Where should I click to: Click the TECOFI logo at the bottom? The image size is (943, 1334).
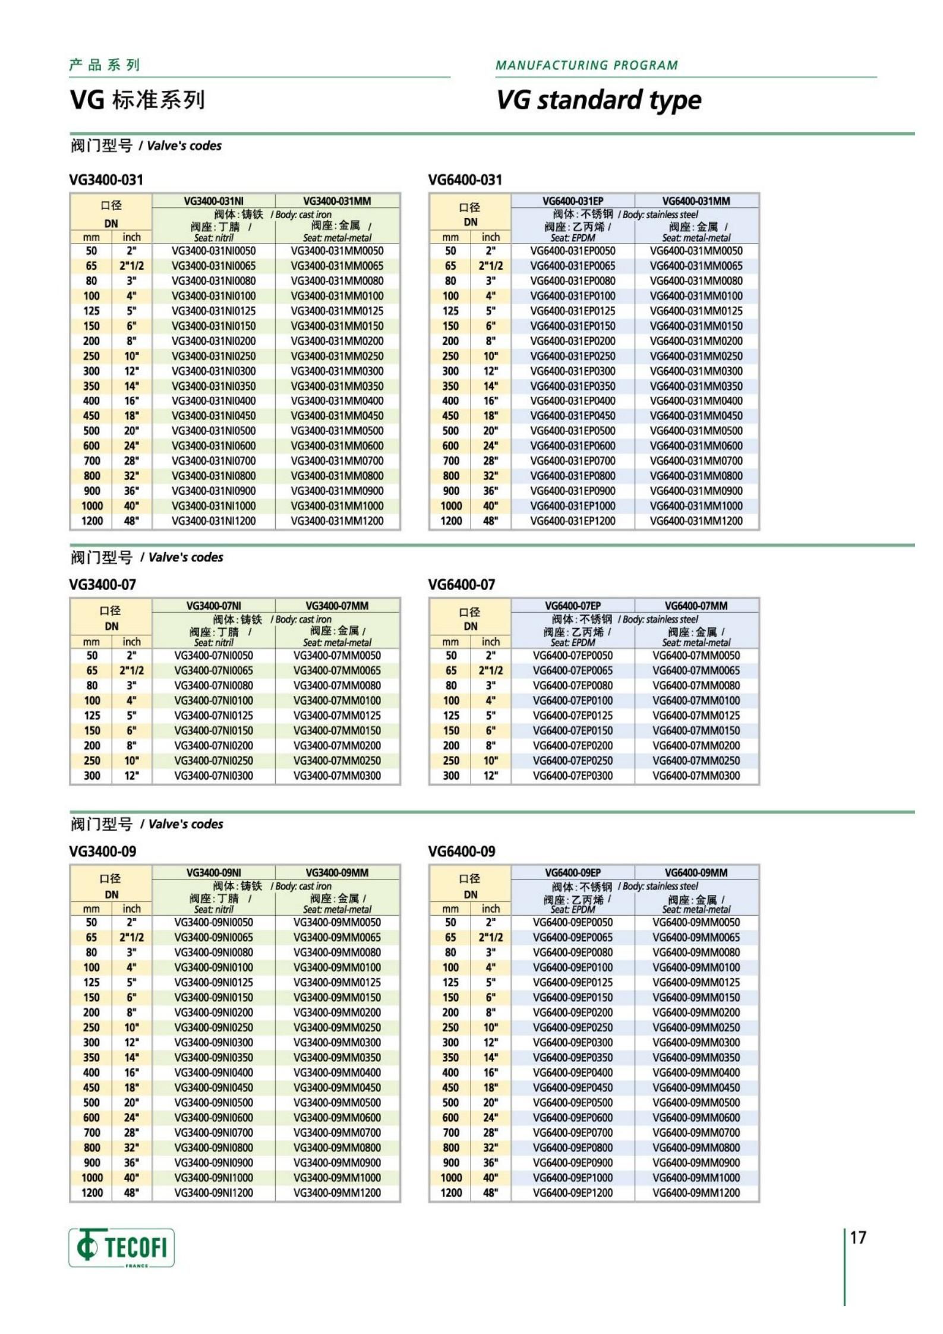pyautogui.click(x=122, y=1247)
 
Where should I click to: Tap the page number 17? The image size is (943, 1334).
pyautogui.click(x=858, y=1237)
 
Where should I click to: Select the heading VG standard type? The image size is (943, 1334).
pyautogui.click(x=598, y=100)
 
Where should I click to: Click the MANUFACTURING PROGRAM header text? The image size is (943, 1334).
pyautogui.click(x=586, y=65)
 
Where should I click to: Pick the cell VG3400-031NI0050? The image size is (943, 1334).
pyautogui.click(x=214, y=251)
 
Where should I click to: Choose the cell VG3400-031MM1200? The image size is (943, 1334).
pyautogui.click(x=337, y=521)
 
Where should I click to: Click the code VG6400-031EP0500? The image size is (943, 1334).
pyautogui.click(x=573, y=431)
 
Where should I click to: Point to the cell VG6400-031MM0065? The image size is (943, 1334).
pyautogui.click(x=696, y=266)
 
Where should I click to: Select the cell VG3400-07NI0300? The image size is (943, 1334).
pyautogui.click(x=214, y=775)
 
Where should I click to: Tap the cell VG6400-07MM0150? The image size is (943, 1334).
pyautogui.click(x=696, y=730)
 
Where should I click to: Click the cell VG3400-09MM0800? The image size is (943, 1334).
pyautogui.click(x=337, y=1147)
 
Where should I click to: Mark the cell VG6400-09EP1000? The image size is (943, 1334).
pyautogui.click(x=573, y=1178)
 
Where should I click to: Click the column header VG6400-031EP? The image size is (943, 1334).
pyautogui.click(x=573, y=201)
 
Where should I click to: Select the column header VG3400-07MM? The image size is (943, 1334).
pyautogui.click(x=337, y=605)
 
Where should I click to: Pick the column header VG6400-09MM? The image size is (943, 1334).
pyautogui.click(x=696, y=872)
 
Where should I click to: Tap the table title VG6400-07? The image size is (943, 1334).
pyautogui.click(x=462, y=585)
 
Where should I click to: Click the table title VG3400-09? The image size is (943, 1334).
pyautogui.click(x=103, y=852)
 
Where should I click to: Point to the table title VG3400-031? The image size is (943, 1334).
pyautogui.click(x=106, y=179)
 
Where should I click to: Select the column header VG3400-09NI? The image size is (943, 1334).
pyautogui.click(x=214, y=872)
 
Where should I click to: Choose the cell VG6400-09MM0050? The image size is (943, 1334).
pyautogui.click(x=696, y=922)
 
